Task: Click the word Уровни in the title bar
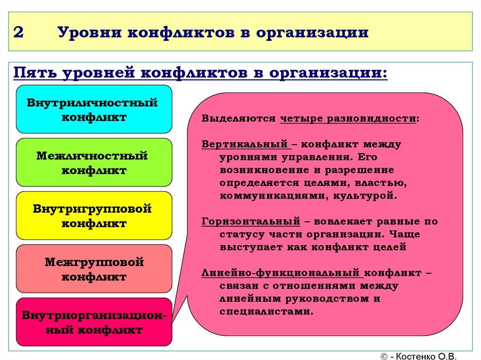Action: click(x=83, y=33)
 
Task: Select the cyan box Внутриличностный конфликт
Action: click(x=94, y=109)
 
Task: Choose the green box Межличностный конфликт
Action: click(x=94, y=162)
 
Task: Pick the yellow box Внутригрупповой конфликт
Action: click(x=94, y=215)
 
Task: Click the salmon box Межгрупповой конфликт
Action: click(x=94, y=269)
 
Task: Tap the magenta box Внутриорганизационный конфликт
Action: click(x=94, y=322)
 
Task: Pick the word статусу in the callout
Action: click(x=238, y=234)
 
